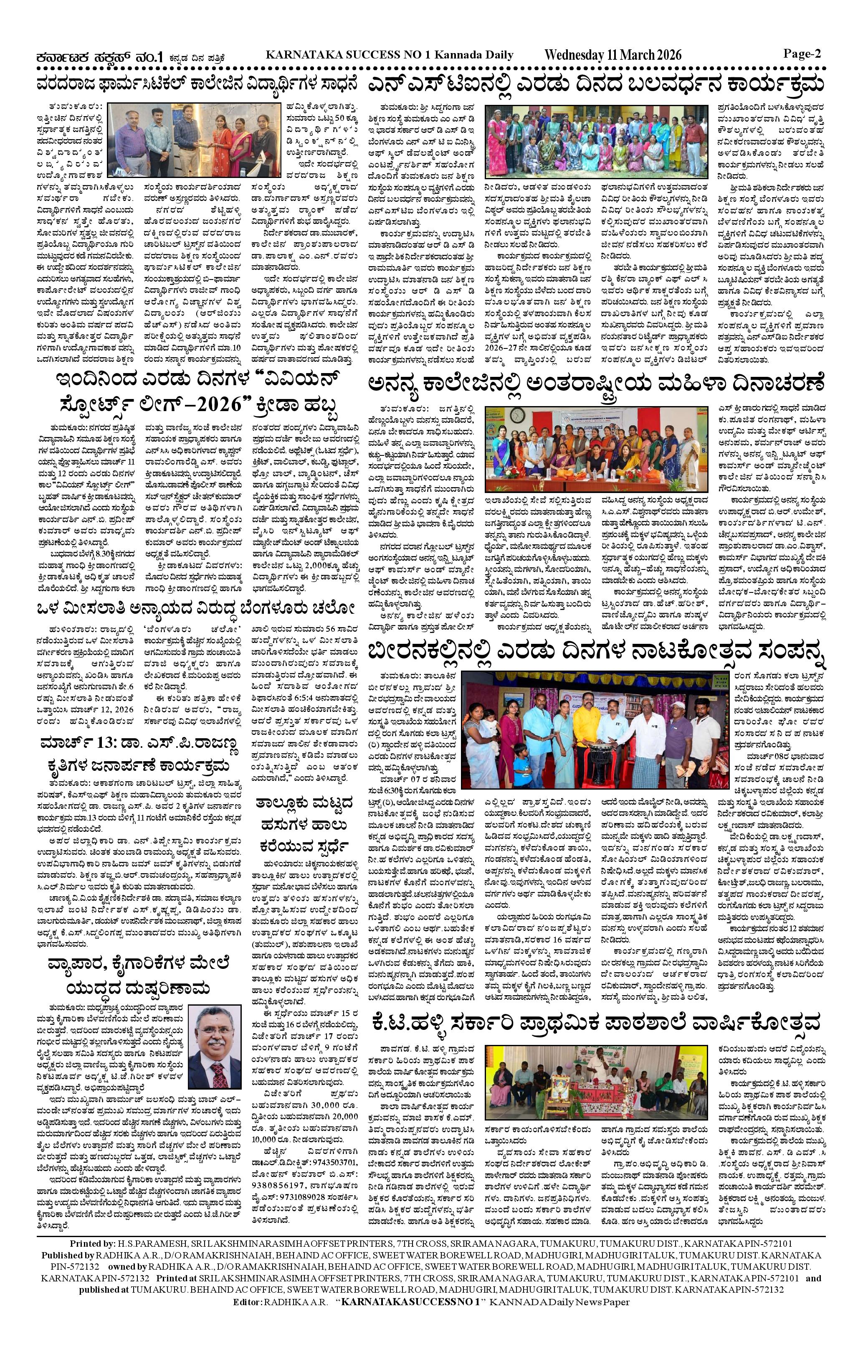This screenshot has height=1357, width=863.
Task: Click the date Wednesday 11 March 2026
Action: pyautogui.click(x=613, y=55)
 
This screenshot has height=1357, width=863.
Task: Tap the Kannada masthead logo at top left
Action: pyautogui.click(x=99, y=56)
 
